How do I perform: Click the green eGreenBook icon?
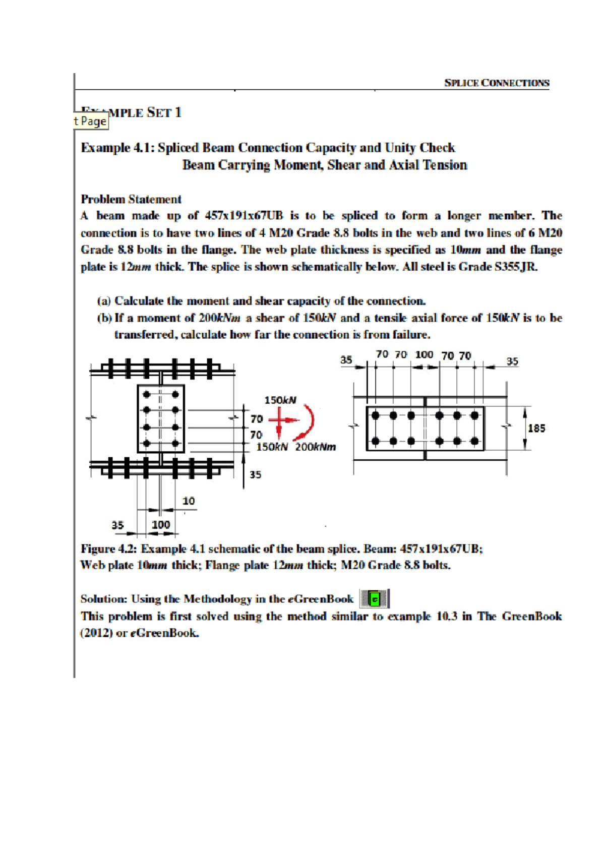coord(374,599)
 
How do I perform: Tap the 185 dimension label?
coord(536,428)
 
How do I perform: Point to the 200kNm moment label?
coord(315,447)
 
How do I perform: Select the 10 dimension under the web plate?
coord(189,501)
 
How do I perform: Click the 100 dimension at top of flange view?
coord(424,354)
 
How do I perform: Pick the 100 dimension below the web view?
coord(161,524)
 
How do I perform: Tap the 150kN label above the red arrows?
coord(280,400)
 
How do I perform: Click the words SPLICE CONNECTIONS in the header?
coord(497,83)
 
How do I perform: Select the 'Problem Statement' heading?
coord(131,199)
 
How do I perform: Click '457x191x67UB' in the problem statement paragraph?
coord(244,216)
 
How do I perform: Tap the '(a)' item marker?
coord(104,301)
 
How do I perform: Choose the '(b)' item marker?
coord(104,318)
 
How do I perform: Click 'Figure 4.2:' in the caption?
coord(108,548)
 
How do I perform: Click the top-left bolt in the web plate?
coord(147,394)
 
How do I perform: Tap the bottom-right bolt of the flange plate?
coord(474,441)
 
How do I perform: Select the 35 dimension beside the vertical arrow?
coord(256,474)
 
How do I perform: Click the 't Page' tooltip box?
coord(91,121)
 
